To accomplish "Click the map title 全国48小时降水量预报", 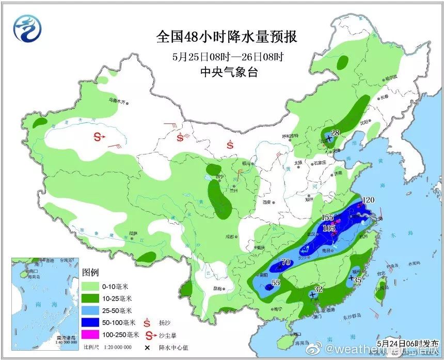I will coord(227,38).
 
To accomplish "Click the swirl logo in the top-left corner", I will coord(26,29).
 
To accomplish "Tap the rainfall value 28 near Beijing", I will coord(335,133).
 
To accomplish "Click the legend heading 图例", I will coord(90,272).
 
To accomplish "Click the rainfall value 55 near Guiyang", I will coord(276,283).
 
